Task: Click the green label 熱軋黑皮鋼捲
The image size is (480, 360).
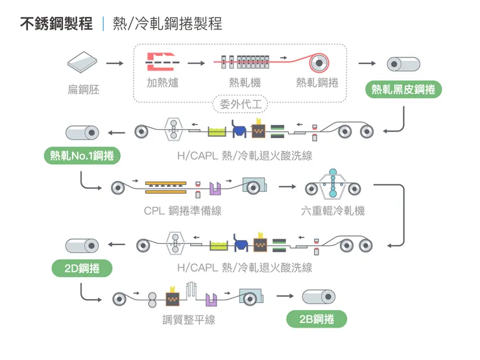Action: point(403,90)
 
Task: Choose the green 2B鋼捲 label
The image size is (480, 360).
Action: point(317,319)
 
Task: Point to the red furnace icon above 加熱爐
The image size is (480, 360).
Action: point(162,62)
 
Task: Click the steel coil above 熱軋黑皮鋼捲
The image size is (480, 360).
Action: point(403,64)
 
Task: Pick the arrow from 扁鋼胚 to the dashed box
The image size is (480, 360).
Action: point(114,63)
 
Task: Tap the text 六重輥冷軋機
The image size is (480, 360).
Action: point(332,211)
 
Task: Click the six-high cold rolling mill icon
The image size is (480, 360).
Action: point(332,186)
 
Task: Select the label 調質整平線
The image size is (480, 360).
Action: point(189,319)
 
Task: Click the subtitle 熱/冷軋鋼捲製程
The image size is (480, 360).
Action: point(167,25)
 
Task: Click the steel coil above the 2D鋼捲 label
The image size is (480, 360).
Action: point(82,245)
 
